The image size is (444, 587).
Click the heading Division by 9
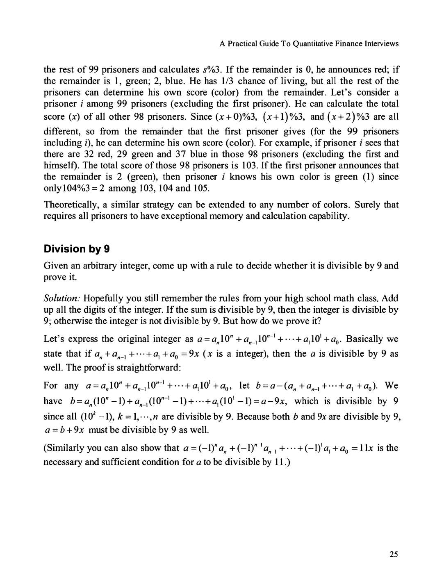(x=77, y=249)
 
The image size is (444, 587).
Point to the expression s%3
(x=211, y=70)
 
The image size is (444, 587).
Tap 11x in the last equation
(x=367, y=448)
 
